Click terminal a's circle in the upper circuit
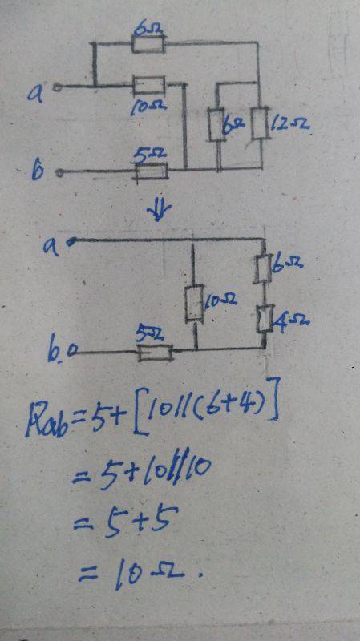point(58,87)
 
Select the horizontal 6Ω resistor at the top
point(148,44)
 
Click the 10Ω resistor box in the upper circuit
point(149,85)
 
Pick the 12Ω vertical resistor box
point(260,123)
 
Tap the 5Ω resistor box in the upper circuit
point(152,171)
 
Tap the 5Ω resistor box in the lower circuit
point(155,353)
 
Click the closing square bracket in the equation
point(273,399)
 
